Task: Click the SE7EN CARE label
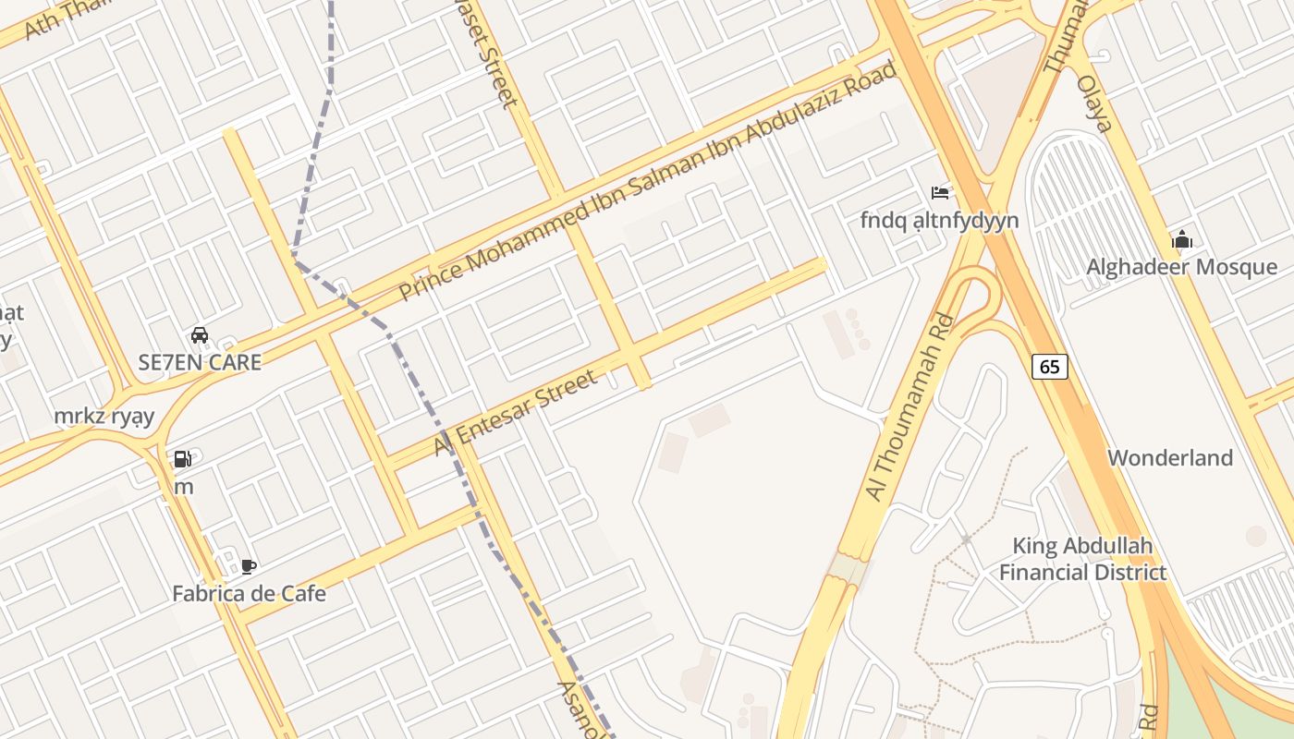(200, 362)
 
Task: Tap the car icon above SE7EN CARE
(200, 335)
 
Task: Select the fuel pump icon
(183, 459)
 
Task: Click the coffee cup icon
(248, 566)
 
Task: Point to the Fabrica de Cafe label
(249, 593)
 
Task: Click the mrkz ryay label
(104, 416)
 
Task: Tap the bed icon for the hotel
(940, 193)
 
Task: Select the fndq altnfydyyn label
(939, 220)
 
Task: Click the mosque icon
(1181, 241)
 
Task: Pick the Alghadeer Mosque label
(1181, 267)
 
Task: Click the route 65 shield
(1049, 367)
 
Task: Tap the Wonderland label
(1170, 457)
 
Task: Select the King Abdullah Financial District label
(1082, 559)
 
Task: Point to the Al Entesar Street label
(516, 412)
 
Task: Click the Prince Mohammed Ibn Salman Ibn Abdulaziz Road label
(647, 181)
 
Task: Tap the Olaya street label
(1093, 103)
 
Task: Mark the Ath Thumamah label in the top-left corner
(55, 18)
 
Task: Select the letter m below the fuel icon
(184, 486)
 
